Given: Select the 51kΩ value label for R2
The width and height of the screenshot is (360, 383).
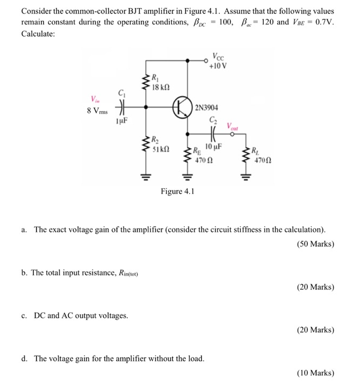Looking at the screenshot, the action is point(160,148).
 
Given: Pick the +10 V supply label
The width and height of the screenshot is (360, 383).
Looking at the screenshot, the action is point(219,66).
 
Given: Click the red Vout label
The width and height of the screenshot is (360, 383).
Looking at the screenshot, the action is point(234,127).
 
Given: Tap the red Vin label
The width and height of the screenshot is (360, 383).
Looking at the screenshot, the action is point(96,98).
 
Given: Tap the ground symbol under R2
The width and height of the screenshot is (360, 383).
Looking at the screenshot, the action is point(145,176).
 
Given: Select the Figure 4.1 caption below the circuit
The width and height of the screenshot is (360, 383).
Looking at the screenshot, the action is point(177,192).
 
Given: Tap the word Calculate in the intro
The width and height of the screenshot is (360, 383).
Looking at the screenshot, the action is point(38,33).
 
